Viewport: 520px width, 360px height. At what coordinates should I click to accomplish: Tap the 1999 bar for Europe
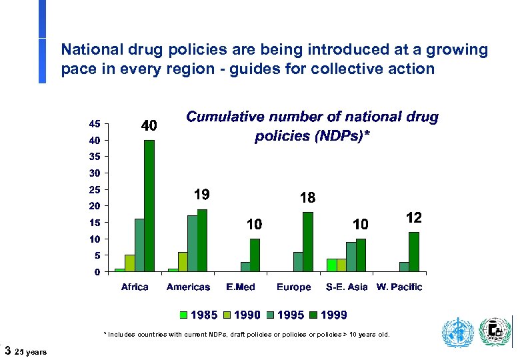(307, 241)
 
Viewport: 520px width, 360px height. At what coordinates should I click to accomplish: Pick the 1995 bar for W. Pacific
(404, 267)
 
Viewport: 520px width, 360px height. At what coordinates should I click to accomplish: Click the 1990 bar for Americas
(183, 261)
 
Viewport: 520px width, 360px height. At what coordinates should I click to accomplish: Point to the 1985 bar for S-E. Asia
(331, 265)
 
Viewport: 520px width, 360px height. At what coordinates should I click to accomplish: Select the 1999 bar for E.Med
(255, 255)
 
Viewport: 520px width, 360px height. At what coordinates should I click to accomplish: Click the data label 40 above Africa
(149, 125)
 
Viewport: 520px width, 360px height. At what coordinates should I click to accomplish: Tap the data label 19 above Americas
(201, 195)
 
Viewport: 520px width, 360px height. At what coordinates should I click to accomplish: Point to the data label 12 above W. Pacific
(413, 218)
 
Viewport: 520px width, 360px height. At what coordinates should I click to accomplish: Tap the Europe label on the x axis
(293, 287)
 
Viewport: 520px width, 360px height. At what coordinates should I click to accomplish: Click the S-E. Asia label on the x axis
(346, 287)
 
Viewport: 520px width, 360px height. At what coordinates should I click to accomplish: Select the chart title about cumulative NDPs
(312, 127)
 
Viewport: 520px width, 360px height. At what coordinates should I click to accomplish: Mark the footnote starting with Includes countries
(247, 335)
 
